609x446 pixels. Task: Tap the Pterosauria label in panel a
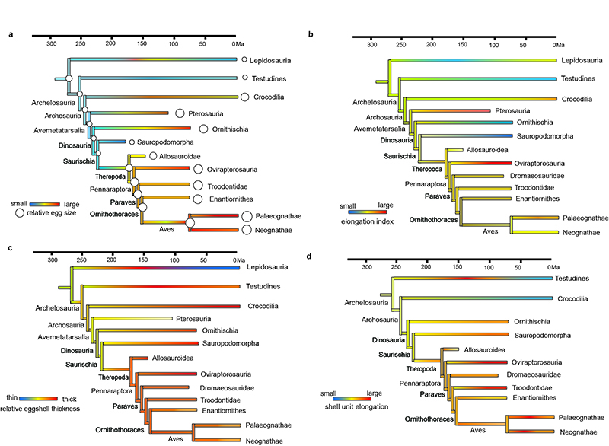point(209,113)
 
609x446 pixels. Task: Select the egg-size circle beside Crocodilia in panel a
point(245,96)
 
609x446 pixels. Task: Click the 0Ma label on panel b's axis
point(553,45)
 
